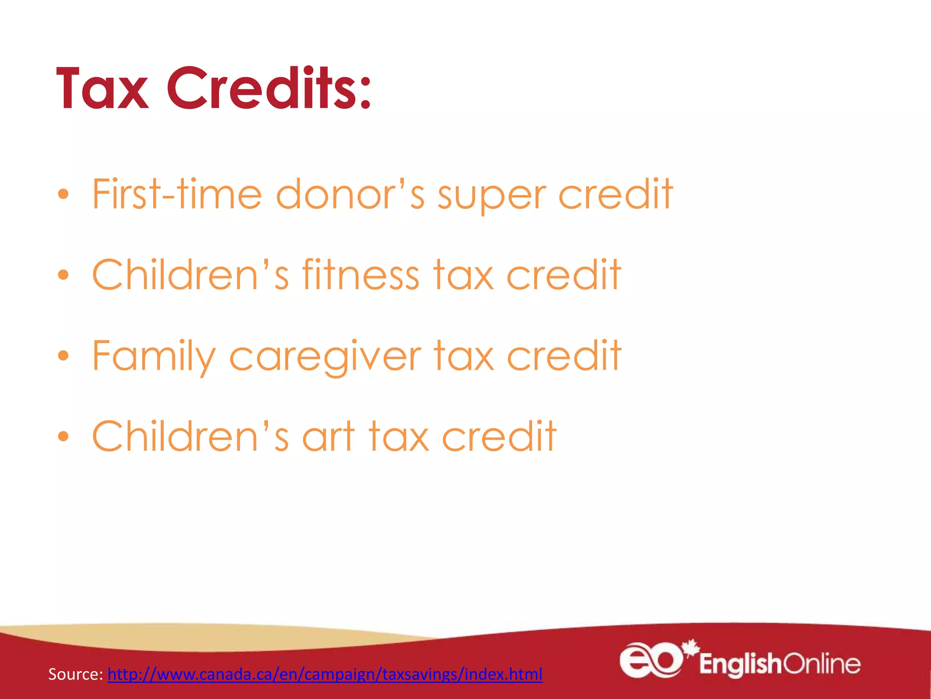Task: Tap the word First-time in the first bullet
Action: click(177, 194)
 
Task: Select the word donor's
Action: click(350, 194)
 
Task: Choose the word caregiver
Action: click(325, 357)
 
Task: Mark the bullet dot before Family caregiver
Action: click(63, 355)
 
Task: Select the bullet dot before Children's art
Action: click(63, 436)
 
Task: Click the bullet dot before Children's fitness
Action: click(63, 275)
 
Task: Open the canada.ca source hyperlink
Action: click(325, 674)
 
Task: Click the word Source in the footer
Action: click(75, 674)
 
